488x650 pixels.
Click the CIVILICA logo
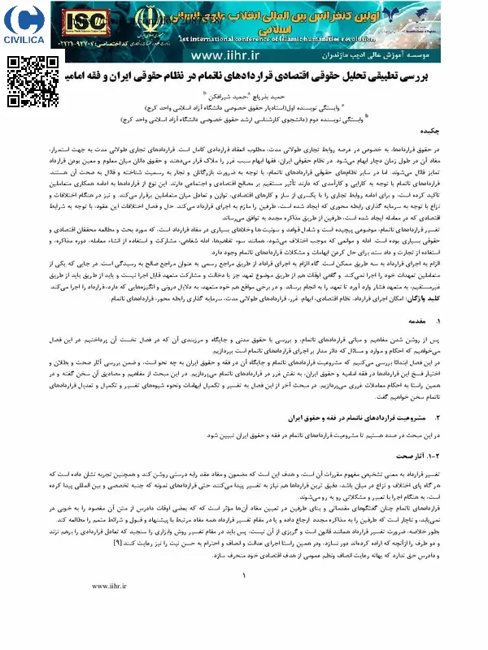coord(23,25)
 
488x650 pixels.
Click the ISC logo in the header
coord(79,19)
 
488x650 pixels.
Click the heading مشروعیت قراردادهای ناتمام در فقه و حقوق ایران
coord(366,418)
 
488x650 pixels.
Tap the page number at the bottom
coord(244,622)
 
